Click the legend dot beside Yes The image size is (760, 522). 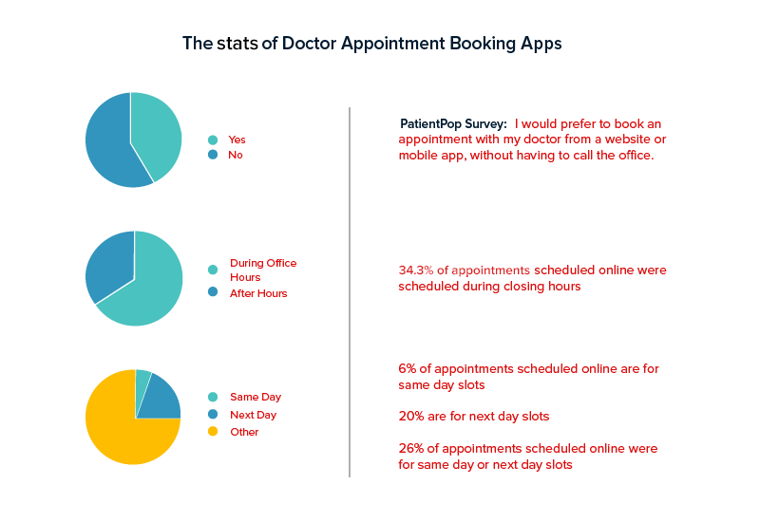tap(213, 140)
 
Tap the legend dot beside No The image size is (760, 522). tap(213, 155)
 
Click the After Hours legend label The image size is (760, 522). tap(258, 293)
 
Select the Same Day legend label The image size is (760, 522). tap(256, 397)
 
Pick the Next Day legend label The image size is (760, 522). tap(254, 415)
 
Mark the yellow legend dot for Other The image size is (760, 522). tap(213, 432)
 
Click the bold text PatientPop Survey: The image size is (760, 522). tap(453, 124)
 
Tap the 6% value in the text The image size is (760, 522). tap(407, 368)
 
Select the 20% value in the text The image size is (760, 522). tap(410, 416)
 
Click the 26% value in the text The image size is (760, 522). tap(410, 448)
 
